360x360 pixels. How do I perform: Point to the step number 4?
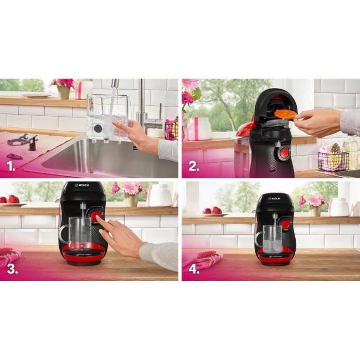point(193,269)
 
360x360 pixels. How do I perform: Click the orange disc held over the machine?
point(284,114)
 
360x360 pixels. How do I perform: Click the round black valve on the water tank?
point(97,128)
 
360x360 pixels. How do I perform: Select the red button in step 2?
point(283,153)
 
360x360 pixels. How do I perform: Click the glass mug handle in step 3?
point(63,233)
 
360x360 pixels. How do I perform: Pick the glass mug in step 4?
point(271,240)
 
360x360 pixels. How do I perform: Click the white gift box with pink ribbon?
point(198,128)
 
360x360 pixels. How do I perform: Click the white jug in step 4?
point(338,206)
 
